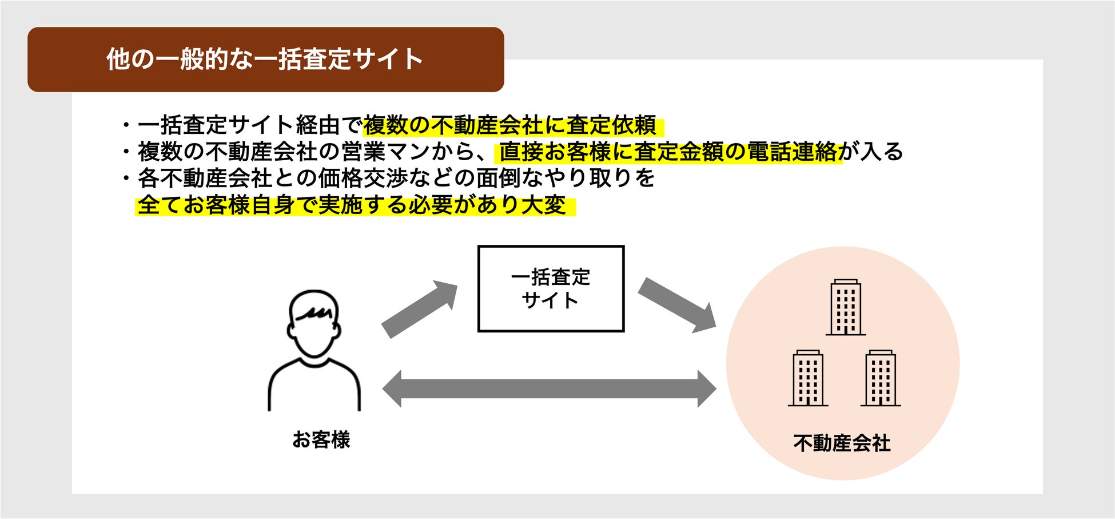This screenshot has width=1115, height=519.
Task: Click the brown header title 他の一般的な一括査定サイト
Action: point(264,59)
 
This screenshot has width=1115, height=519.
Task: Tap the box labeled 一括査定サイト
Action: point(550,288)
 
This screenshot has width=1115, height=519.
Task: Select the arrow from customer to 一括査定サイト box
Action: point(419,309)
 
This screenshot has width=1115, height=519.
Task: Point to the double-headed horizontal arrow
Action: point(549,389)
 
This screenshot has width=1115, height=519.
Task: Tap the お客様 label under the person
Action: point(321,439)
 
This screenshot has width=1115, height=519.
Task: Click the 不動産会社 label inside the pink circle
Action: point(842,443)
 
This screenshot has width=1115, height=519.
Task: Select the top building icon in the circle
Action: point(845,307)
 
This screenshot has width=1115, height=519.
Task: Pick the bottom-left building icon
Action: point(807,378)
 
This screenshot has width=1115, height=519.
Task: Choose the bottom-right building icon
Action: point(880,378)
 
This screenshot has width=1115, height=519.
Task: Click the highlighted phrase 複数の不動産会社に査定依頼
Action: point(510,125)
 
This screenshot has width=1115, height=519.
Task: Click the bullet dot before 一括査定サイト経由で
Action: point(126,125)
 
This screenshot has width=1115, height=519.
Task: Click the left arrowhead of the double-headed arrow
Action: point(392,389)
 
